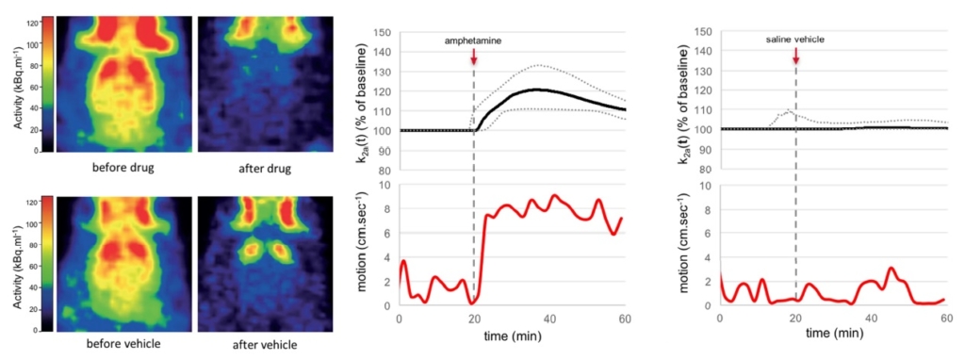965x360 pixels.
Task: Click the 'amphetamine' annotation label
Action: click(473, 41)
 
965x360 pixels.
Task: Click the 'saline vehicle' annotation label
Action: click(795, 41)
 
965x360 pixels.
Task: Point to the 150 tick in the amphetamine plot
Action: click(384, 32)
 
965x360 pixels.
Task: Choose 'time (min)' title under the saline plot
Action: click(833, 334)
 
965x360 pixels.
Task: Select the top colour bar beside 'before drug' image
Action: click(43, 84)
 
